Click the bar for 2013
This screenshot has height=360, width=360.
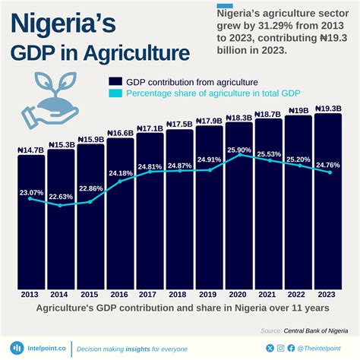click(31, 228)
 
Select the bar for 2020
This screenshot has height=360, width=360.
click(238, 220)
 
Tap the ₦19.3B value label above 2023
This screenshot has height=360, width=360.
click(327, 109)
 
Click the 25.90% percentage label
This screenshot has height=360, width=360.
click(238, 150)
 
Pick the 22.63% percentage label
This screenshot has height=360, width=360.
click(61, 197)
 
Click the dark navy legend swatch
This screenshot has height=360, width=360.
click(116, 81)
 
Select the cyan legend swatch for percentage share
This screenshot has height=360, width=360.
click(116, 94)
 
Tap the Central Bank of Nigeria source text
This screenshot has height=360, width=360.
click(316, 330)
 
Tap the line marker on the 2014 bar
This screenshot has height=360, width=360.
click(61, 205)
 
